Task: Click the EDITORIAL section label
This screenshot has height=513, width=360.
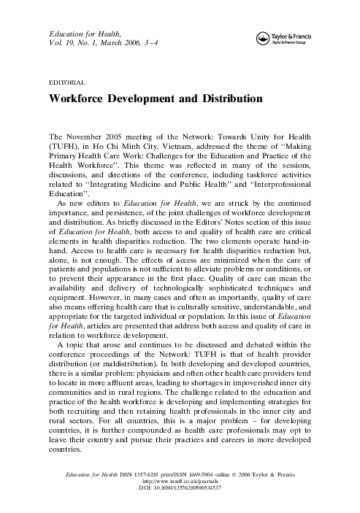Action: (66, 82)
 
